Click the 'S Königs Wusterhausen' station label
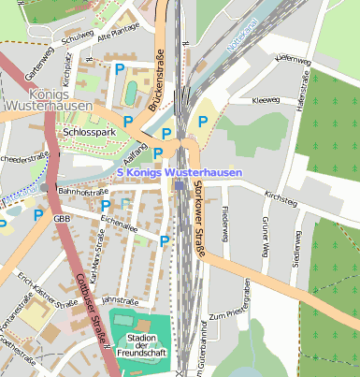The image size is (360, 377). (x=180, y=173)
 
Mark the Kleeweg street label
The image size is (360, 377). (x=266, y=97)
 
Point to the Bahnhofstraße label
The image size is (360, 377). (x=84, y=191)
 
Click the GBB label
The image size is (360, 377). (x=62, y=219)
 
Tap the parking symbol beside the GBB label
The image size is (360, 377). (x=38, y=214)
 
